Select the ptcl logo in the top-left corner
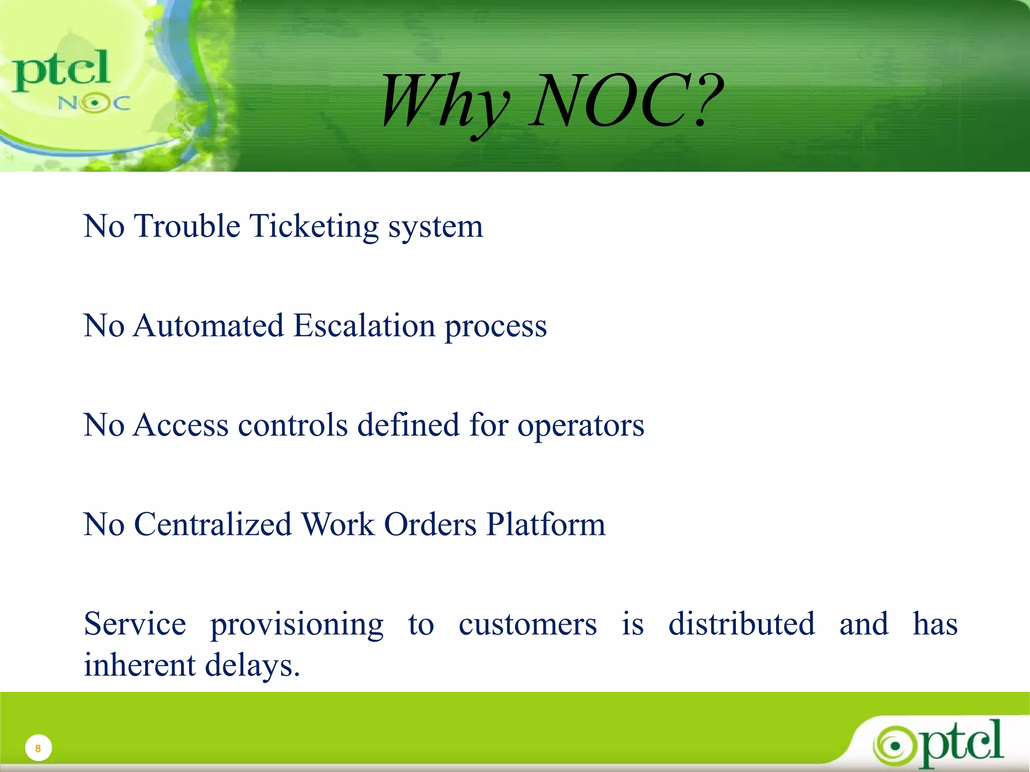(61, 70)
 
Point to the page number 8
(38, 748)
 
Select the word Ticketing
(314, 226)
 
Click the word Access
(181, 425)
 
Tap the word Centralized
(213, 525)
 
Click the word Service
(135, 624)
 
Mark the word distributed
(741, 624)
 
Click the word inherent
(139, 665)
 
